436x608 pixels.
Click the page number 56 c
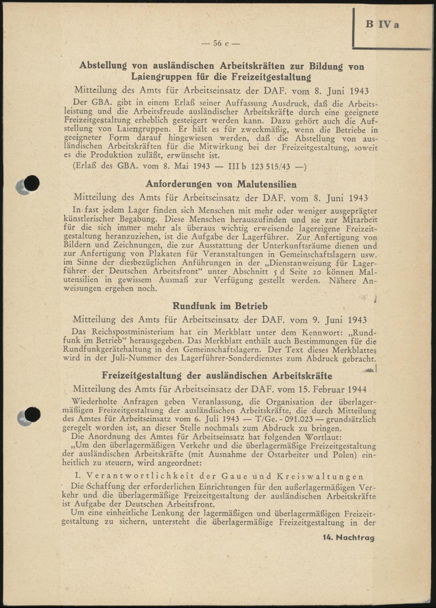coord(220,43)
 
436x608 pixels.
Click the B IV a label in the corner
coord(382,24)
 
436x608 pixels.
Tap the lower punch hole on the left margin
coord(32,415)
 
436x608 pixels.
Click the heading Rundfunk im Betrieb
coord(220,306)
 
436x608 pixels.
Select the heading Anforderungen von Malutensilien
coord(221,184)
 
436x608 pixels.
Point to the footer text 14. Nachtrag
coord(348,538)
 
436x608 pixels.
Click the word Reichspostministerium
coord(133,332)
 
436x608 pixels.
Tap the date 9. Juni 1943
coord(342,320)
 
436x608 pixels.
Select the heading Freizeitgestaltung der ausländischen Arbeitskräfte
coord(217,376)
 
